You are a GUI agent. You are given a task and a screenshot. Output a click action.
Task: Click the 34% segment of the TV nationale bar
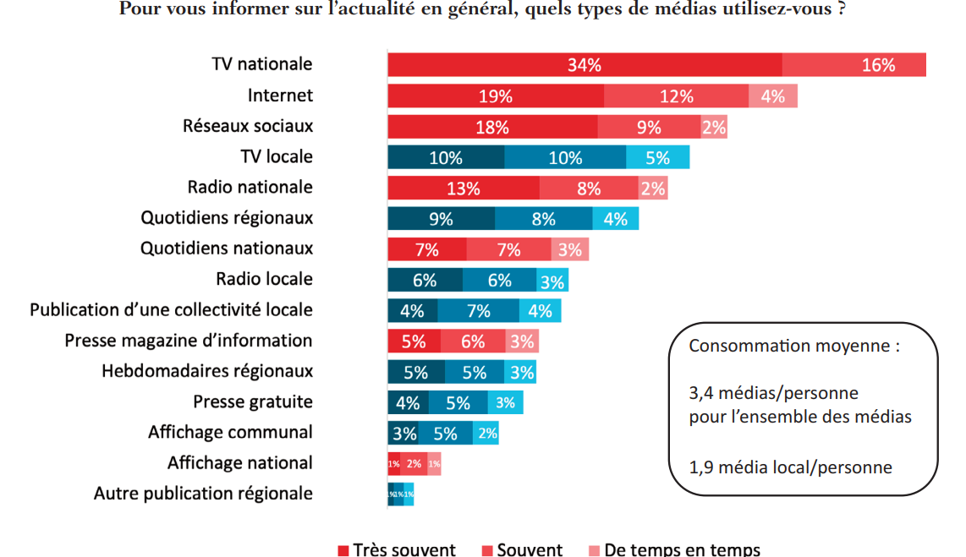pyautogui.click(x=585, y=65)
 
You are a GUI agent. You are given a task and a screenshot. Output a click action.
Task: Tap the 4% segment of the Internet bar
pyautogui.click(x=772, y=96)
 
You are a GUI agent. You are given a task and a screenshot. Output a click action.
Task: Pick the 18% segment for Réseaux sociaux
pyautogui.click(x=492, y=127)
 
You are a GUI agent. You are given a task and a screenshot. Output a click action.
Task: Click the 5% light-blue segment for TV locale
pyautogui.click(x=657, y=157)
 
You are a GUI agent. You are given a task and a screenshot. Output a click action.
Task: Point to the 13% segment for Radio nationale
pyautogui.click(x=463, y=188)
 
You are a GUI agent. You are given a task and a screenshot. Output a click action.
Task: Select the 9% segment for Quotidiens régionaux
pyautogui.click(x=441, y=218)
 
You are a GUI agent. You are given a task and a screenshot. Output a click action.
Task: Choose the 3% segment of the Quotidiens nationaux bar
pyautogui.click(x=569, y=249)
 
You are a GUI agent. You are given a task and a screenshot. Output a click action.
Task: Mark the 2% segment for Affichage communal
pyautogui.click(x=486, y=434)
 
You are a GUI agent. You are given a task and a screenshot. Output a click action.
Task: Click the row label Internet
pyautogui.click(x=280, y=96)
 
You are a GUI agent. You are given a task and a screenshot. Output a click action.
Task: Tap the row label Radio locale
pyautogui.click(x=264, y=279)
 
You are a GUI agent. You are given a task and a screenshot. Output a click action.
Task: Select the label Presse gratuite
pyautogui.click(x=253, y=401)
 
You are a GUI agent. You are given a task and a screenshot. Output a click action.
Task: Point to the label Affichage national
pyautogui.click(x=239, y=462)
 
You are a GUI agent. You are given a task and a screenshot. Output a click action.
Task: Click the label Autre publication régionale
pyautogui.click(x=203, y=493)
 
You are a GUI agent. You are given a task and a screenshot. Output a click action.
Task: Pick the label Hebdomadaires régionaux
pyautogui.click(x=207, y=371)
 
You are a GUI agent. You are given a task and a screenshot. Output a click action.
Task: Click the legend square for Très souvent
pyautogui.click(x=343, y=550)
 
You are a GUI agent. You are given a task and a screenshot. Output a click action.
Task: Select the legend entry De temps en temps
pyautogui.click(x=681, y=550)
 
